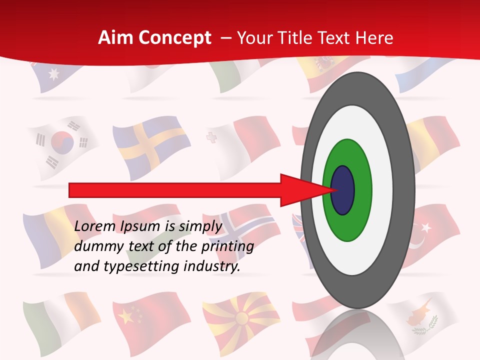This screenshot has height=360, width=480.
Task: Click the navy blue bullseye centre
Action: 342,190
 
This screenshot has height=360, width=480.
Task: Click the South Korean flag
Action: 62,145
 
